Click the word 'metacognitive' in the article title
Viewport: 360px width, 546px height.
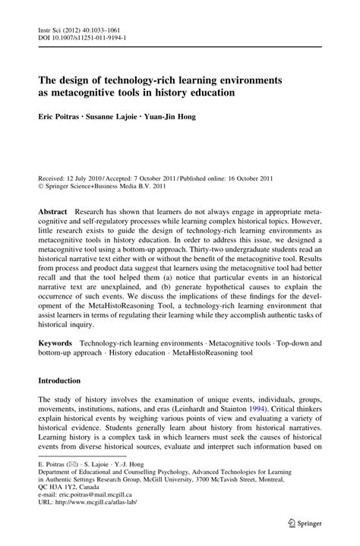click(x=84, y=93)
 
